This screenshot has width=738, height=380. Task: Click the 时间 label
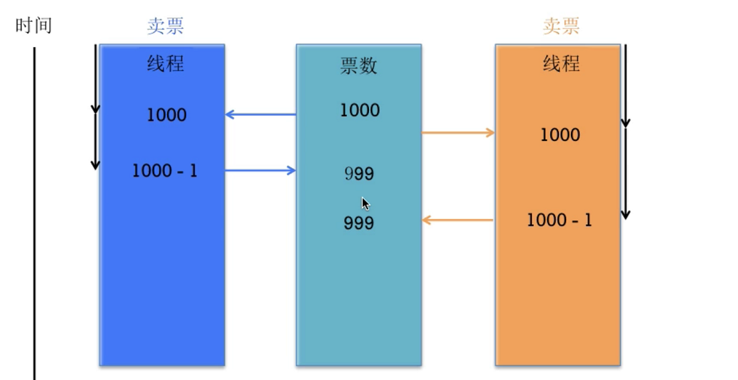34,25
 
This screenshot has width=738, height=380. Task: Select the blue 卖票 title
165,26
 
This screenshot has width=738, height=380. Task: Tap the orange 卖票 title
561,26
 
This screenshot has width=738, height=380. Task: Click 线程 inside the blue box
165,63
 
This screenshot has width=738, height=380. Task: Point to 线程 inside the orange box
561,63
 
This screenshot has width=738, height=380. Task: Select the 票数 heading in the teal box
359,65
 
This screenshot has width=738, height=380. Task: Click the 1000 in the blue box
166,115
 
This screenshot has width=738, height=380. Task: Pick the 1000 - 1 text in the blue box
165,171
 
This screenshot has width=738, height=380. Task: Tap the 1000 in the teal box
360,110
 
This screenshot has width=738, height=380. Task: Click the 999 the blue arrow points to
359,174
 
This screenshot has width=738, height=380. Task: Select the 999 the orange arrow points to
359,223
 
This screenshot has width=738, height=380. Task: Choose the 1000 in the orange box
560,135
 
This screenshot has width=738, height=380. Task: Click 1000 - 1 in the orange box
559,220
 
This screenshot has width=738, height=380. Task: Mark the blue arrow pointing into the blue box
261,114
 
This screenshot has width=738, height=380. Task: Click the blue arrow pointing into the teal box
260,171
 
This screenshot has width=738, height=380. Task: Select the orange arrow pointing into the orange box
458,133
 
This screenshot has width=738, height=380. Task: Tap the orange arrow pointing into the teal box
458,220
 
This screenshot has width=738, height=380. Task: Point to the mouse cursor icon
366,204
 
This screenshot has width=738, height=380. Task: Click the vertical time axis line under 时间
34,213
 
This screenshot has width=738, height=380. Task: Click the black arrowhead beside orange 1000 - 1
625,214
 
